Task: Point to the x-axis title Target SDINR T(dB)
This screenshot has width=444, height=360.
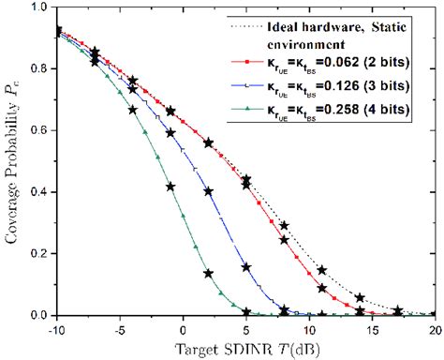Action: click(245, 349)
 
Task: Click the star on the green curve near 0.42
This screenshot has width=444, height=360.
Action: click(170, 187)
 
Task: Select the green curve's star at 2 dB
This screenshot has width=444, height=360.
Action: click(209, 274)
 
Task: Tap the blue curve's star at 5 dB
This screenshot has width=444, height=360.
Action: click(246, 267)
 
